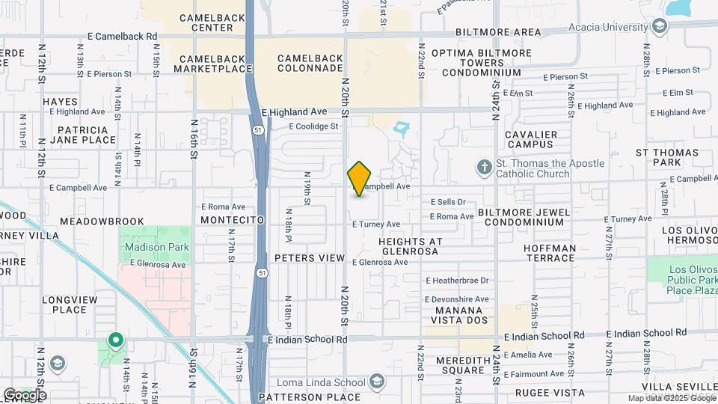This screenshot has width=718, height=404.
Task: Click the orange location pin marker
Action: point(360,179)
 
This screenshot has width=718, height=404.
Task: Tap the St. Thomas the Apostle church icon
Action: point(484,166)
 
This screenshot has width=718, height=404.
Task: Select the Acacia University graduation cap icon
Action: point(659,28)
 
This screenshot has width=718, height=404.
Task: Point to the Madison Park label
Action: point(156,247)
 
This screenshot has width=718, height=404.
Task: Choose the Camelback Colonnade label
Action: point(310,64)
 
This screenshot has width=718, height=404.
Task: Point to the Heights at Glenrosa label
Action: point(411,247)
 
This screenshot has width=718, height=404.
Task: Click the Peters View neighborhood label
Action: point(310,258)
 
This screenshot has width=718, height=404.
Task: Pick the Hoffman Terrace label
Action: point(550,253)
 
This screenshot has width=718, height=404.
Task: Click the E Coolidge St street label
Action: point(313,126)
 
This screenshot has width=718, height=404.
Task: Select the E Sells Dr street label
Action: point(448,202)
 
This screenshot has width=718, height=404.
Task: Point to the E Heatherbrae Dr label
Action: point(457,281)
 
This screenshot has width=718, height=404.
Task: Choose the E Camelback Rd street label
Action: point(123,36)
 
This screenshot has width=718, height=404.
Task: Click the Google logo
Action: point(25,394)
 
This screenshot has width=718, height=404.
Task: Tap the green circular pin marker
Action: point(115,340)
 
